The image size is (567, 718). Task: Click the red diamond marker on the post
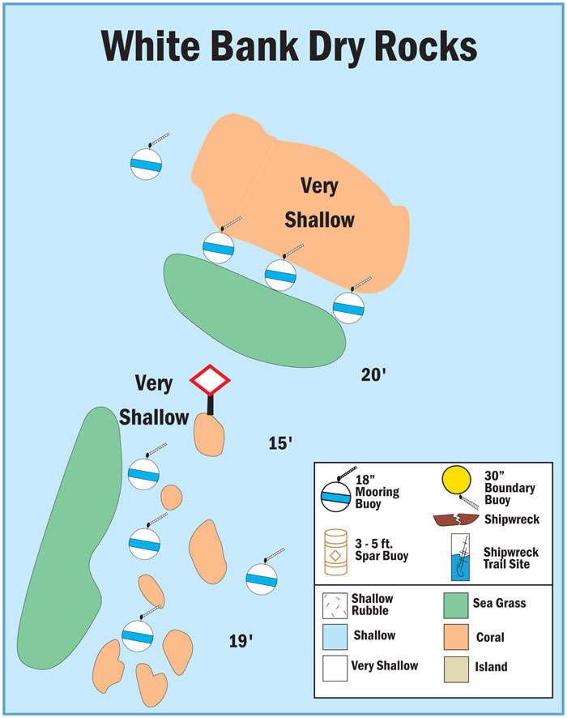211,379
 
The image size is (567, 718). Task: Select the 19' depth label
241,642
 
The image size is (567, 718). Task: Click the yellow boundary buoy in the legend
456,484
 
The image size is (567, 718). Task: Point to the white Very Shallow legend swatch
335,666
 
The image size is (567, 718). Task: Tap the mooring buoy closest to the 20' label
348,306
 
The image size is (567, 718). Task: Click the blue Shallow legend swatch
335,635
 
